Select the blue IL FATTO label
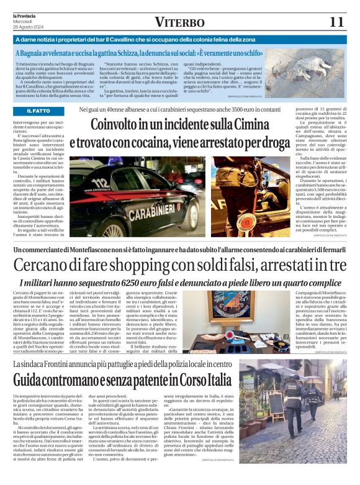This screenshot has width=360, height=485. (x=38, y=111)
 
